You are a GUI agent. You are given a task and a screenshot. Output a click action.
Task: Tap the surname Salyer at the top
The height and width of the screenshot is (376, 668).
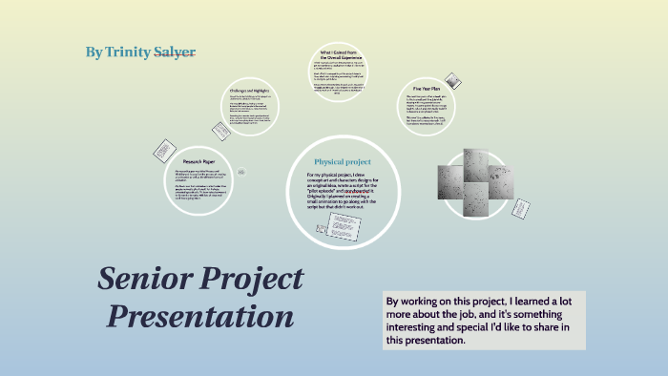(x=177, y=51)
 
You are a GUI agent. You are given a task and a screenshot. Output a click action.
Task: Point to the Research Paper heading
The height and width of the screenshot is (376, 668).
(x=200, y=162)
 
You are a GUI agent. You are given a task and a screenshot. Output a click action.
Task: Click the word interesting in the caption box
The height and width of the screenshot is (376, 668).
(x=417, y=327)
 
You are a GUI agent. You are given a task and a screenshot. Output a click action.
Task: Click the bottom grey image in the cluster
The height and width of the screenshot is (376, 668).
(x=474, y=195)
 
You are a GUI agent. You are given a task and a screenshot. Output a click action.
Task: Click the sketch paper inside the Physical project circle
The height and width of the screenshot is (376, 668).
(x=344, y=225)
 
